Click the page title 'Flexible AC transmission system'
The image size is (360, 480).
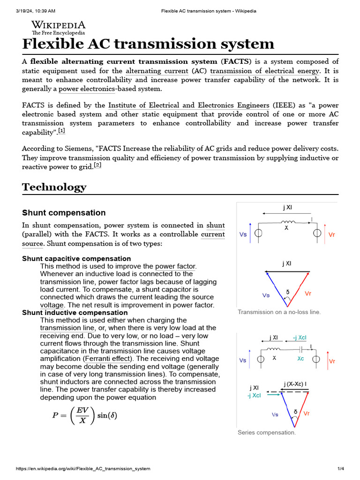148,44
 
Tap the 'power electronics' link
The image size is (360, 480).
87,89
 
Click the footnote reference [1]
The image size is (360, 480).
61,131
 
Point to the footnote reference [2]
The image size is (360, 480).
97,165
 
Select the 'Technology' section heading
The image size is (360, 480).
54,187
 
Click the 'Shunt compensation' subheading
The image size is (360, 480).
64,213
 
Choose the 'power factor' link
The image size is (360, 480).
175,266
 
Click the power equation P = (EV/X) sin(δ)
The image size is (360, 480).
84,415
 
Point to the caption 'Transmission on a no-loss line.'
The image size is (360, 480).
279,312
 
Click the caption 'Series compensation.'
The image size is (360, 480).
267,433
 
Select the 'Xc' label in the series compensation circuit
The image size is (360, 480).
300,358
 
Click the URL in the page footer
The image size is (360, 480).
83,469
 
